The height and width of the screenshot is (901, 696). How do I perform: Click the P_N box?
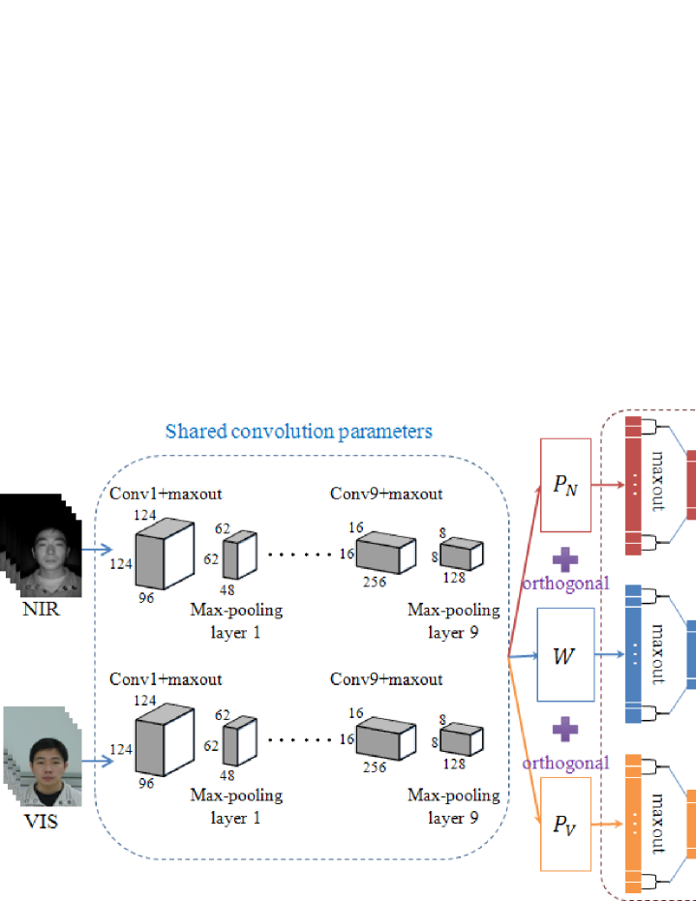[x=564, y=484]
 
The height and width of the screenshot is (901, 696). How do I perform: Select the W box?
[x=564, y=655]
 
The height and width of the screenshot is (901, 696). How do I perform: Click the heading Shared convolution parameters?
[x=298, y=431]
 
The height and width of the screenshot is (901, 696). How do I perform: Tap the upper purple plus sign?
[x=564, y=558]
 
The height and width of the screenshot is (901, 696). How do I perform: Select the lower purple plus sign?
[x=564, y=730]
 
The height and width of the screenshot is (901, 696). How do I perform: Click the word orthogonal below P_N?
[x=564, y=583]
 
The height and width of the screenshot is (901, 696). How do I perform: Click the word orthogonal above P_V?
[x=564, y=762]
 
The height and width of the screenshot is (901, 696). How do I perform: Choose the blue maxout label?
[x=657, y=653]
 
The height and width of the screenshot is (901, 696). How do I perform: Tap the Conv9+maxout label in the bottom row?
[x=386, y=679]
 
